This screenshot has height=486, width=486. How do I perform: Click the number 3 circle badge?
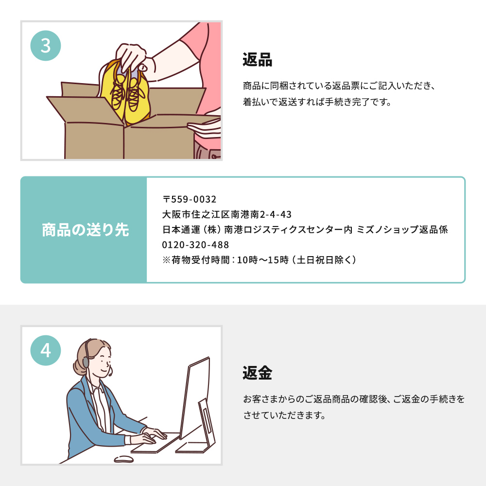click(46, 46)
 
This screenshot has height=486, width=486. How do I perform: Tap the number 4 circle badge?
click(46, 350)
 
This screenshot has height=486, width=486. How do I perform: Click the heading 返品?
click(257, 59)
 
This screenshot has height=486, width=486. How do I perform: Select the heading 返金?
click(257, 373)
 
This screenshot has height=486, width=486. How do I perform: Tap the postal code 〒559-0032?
click(190, 199)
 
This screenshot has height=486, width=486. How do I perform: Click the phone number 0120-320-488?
click(195, 245)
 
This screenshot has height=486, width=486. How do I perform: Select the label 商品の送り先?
click(85, 230)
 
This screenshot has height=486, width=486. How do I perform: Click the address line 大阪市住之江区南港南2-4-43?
click(227, 214)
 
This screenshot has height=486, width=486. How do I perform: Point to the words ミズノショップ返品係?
click(402, 230)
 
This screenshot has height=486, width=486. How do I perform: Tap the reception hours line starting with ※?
click(259, 260)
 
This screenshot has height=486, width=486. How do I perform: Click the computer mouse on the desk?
click(123, 459)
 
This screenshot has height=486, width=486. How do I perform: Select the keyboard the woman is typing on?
click(155, 444)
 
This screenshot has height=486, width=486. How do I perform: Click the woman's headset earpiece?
click(86, 362)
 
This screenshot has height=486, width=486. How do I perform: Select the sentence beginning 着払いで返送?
click(317, 102)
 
